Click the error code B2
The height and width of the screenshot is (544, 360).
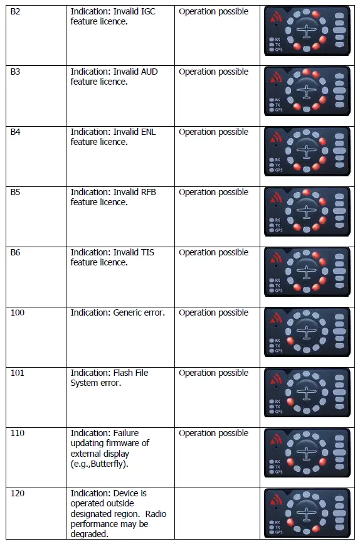pyautogui.click(x=15, y=12)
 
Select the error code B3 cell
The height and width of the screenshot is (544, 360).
pyautogui.click(x=15, y=72)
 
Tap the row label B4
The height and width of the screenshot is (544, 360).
pyautogui.click(x=15, y=132)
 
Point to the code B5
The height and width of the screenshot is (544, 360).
pyautogui.click(x=15, y=193)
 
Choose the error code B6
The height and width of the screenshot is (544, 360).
pyautogui.click(x=15, y=253)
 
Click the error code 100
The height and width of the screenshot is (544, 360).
pyautogui.click(x=18, y=312)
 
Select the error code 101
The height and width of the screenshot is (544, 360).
pyautogui.click(x=18, y=373)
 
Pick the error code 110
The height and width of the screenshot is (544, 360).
pyautogui.click(x=18, y=433)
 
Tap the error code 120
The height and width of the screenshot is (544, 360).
pyautogui.click(x=18, y=493)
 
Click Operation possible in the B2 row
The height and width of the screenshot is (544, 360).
pyautogui.click(x=213, y=12)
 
